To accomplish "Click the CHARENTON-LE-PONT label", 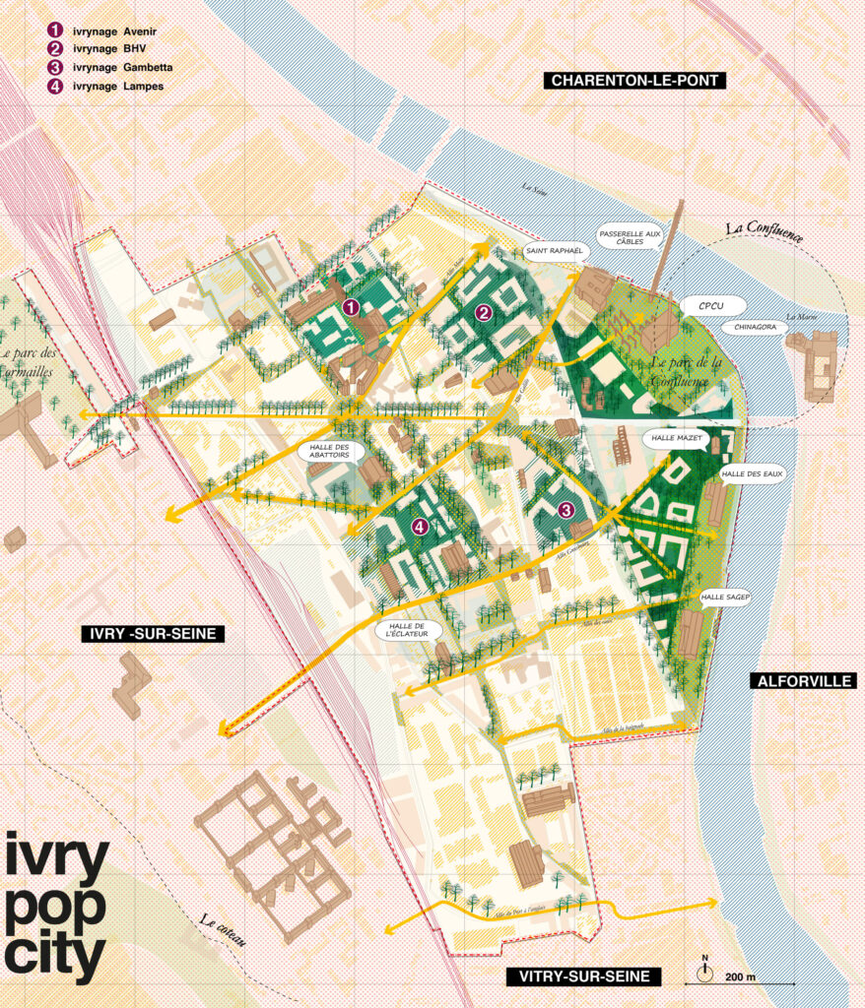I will (634, 81).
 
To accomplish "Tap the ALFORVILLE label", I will (803, 680).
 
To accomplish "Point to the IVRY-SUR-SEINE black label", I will (153, 634).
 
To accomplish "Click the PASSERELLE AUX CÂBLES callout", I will (621, 236).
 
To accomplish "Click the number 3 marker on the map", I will (566, 510).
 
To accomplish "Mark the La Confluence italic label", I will (765, 233).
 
